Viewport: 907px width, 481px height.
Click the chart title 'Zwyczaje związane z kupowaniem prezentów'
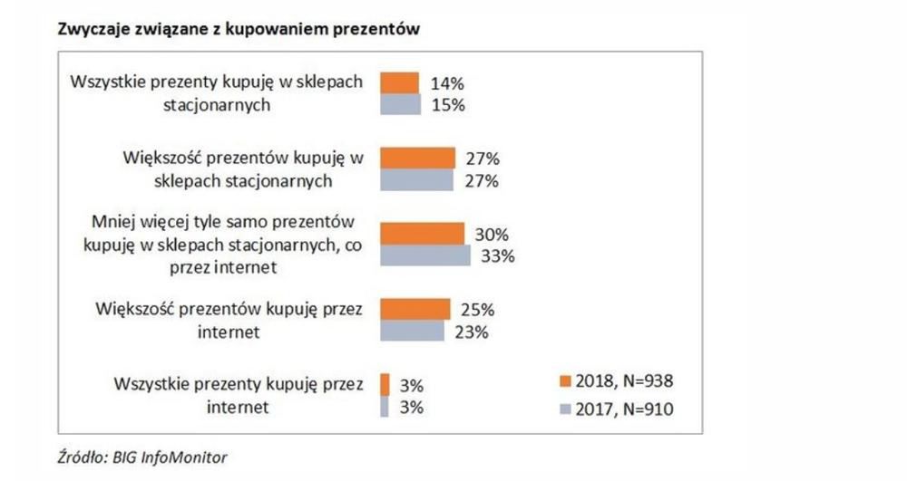point(239,30)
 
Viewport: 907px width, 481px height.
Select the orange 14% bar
point(400,83)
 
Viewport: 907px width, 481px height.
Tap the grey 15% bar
point(400,104)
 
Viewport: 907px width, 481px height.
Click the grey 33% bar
point(424,255)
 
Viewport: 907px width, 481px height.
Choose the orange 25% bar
point(414,309)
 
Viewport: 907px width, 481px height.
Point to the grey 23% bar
point(412,331)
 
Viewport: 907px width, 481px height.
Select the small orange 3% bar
point(385,384)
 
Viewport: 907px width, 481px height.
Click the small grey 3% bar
point(385,406)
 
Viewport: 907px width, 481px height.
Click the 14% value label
point(448,83)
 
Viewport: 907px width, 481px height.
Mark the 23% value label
point(473,332)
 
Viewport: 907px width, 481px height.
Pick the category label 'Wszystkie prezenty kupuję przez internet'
point(238,395)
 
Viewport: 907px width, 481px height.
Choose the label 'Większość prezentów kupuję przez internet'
point(229,320)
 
